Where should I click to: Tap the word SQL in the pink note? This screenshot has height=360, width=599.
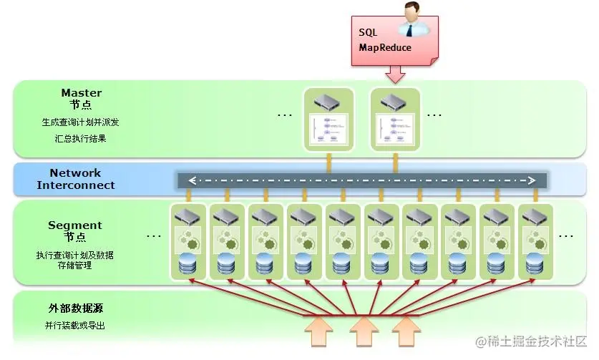tap(368, 33)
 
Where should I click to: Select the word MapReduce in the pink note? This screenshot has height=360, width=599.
tap(386, 48)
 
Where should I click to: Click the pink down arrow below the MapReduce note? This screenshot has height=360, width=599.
tap(395, 74)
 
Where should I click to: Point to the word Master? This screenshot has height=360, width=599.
tap(82, 93)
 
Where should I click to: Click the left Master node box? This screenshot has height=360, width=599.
tap(328, 119)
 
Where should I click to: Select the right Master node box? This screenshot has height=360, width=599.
tap(395, 119)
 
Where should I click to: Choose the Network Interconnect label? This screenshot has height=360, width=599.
tap(76, 179)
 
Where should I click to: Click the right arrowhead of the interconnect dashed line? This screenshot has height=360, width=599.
tap(532, 180)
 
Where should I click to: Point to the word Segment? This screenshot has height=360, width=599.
tap(75, 225)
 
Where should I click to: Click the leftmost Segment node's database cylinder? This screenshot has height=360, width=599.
tap(188, 264)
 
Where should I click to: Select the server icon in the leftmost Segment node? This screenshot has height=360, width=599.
tap(188, 216)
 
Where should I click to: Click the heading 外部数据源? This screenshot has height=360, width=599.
tap(77, 308)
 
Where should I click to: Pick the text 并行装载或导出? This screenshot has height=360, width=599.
tap(75, 326)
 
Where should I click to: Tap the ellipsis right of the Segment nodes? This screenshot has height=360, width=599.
tap(565, 235)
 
